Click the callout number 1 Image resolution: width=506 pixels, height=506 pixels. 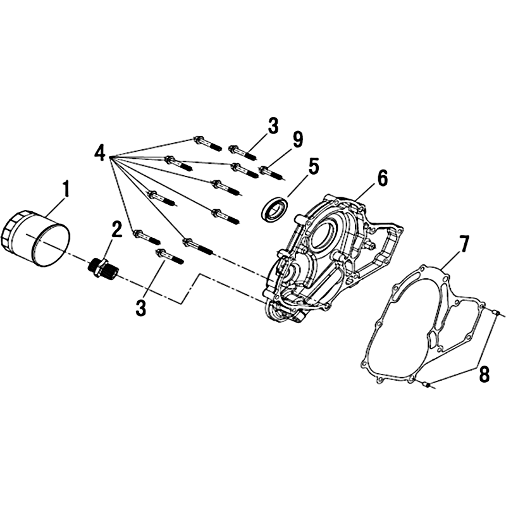point(66,189)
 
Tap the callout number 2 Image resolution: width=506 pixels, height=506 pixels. point(116,229)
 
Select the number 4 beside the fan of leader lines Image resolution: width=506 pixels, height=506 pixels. point(100,152)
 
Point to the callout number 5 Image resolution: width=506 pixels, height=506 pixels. point(312,166)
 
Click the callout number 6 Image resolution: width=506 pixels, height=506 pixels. point(382,178)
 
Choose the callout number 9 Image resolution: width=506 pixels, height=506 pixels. point(297,139)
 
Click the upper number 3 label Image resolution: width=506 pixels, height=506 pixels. point(273,126)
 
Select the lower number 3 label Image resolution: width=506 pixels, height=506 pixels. point(140,307)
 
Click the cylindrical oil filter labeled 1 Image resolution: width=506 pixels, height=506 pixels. point(35,238)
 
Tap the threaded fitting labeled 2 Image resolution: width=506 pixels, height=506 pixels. point(104,266)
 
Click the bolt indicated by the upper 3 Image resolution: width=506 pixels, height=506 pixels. point(243,152)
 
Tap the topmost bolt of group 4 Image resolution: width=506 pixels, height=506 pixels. point(207,144)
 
